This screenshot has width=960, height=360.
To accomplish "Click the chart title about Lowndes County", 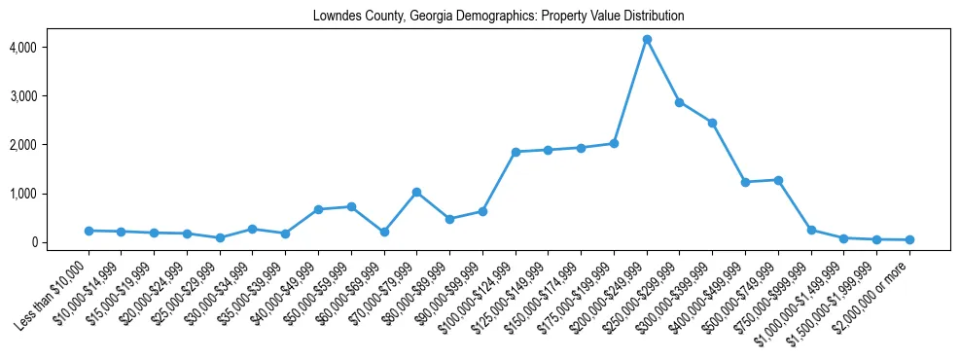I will point(498,16).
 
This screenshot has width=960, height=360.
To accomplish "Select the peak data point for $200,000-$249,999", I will point(647,39).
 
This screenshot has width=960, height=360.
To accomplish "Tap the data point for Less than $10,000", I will point(89,231).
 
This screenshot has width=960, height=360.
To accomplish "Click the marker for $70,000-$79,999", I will point(416,193).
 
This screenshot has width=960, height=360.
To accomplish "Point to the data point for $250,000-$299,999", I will point(680,102).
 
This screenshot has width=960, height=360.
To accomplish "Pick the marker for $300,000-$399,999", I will point(712,123).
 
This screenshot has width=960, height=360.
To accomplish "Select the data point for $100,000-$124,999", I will point(516,152).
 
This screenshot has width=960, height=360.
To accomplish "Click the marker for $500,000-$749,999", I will point(778,180).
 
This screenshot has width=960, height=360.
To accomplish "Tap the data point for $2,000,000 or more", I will point(909,239).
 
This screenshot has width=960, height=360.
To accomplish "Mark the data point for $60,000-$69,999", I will point(384,232).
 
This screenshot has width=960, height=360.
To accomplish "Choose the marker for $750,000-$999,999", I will point(811,231).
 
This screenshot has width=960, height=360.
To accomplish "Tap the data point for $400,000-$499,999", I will point(745,182).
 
